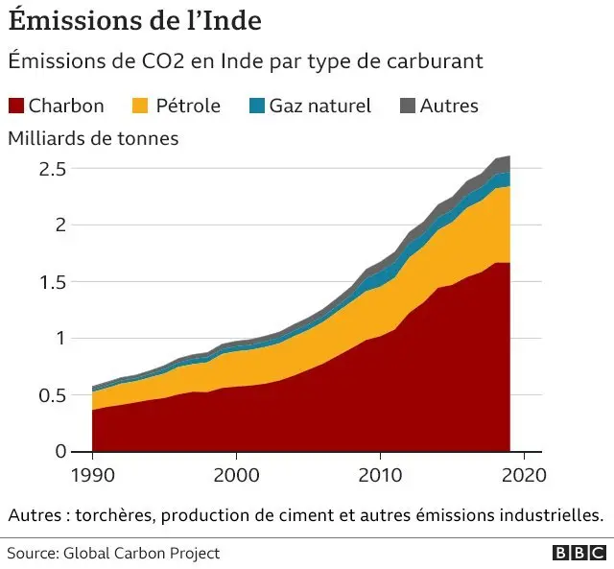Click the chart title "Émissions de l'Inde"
[x=135, y=20]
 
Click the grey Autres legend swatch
[x=407, y=106]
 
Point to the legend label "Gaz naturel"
[x=319, y=106]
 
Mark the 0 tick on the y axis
[x=59, y=452]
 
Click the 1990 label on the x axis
[x=92, y=475]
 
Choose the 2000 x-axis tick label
[x=235, y=475]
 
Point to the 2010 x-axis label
[x=379, y=475]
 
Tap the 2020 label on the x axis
[x=523, y=475]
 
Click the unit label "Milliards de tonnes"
[x=93, y=138]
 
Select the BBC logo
[x=578, y=554]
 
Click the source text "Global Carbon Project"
[x=141, y=554]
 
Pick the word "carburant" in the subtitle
[x=437, y=60]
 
